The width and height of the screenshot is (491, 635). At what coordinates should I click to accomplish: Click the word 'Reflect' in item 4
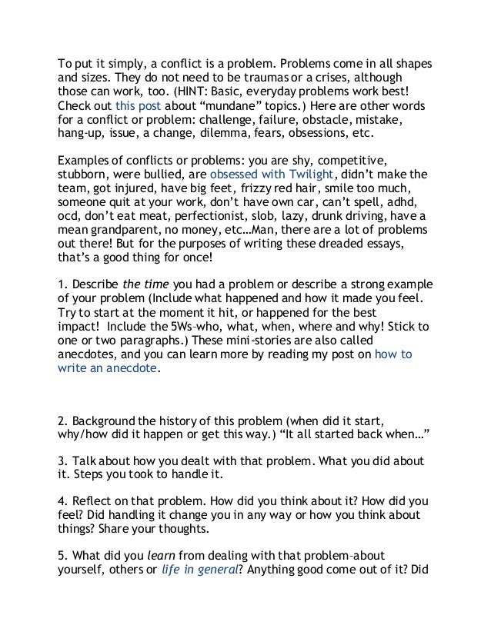(x=93, y=501)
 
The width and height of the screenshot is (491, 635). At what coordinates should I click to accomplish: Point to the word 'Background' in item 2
(x=105, y=421)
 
